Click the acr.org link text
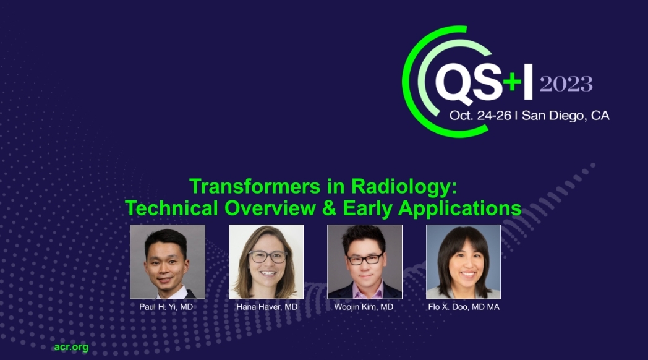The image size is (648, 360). [x=71, y=347]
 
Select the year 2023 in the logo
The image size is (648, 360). [x=566, y=84]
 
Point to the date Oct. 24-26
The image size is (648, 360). [x=480, y=116]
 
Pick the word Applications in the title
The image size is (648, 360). [x=459, y=208]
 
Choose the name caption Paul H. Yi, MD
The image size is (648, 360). [x=167, y=307]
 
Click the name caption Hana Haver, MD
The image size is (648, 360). [x=266, y=307]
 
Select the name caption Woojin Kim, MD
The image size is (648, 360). [x=364, y=307]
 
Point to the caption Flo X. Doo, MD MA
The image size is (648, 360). [x=463, y=307]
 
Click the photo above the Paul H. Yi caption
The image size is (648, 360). [x=167, y=262]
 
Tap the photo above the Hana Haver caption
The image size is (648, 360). [x=266, y=262]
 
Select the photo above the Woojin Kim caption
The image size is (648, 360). [x=364, y=262]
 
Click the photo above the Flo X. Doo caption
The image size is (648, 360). [x=463, y=262]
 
